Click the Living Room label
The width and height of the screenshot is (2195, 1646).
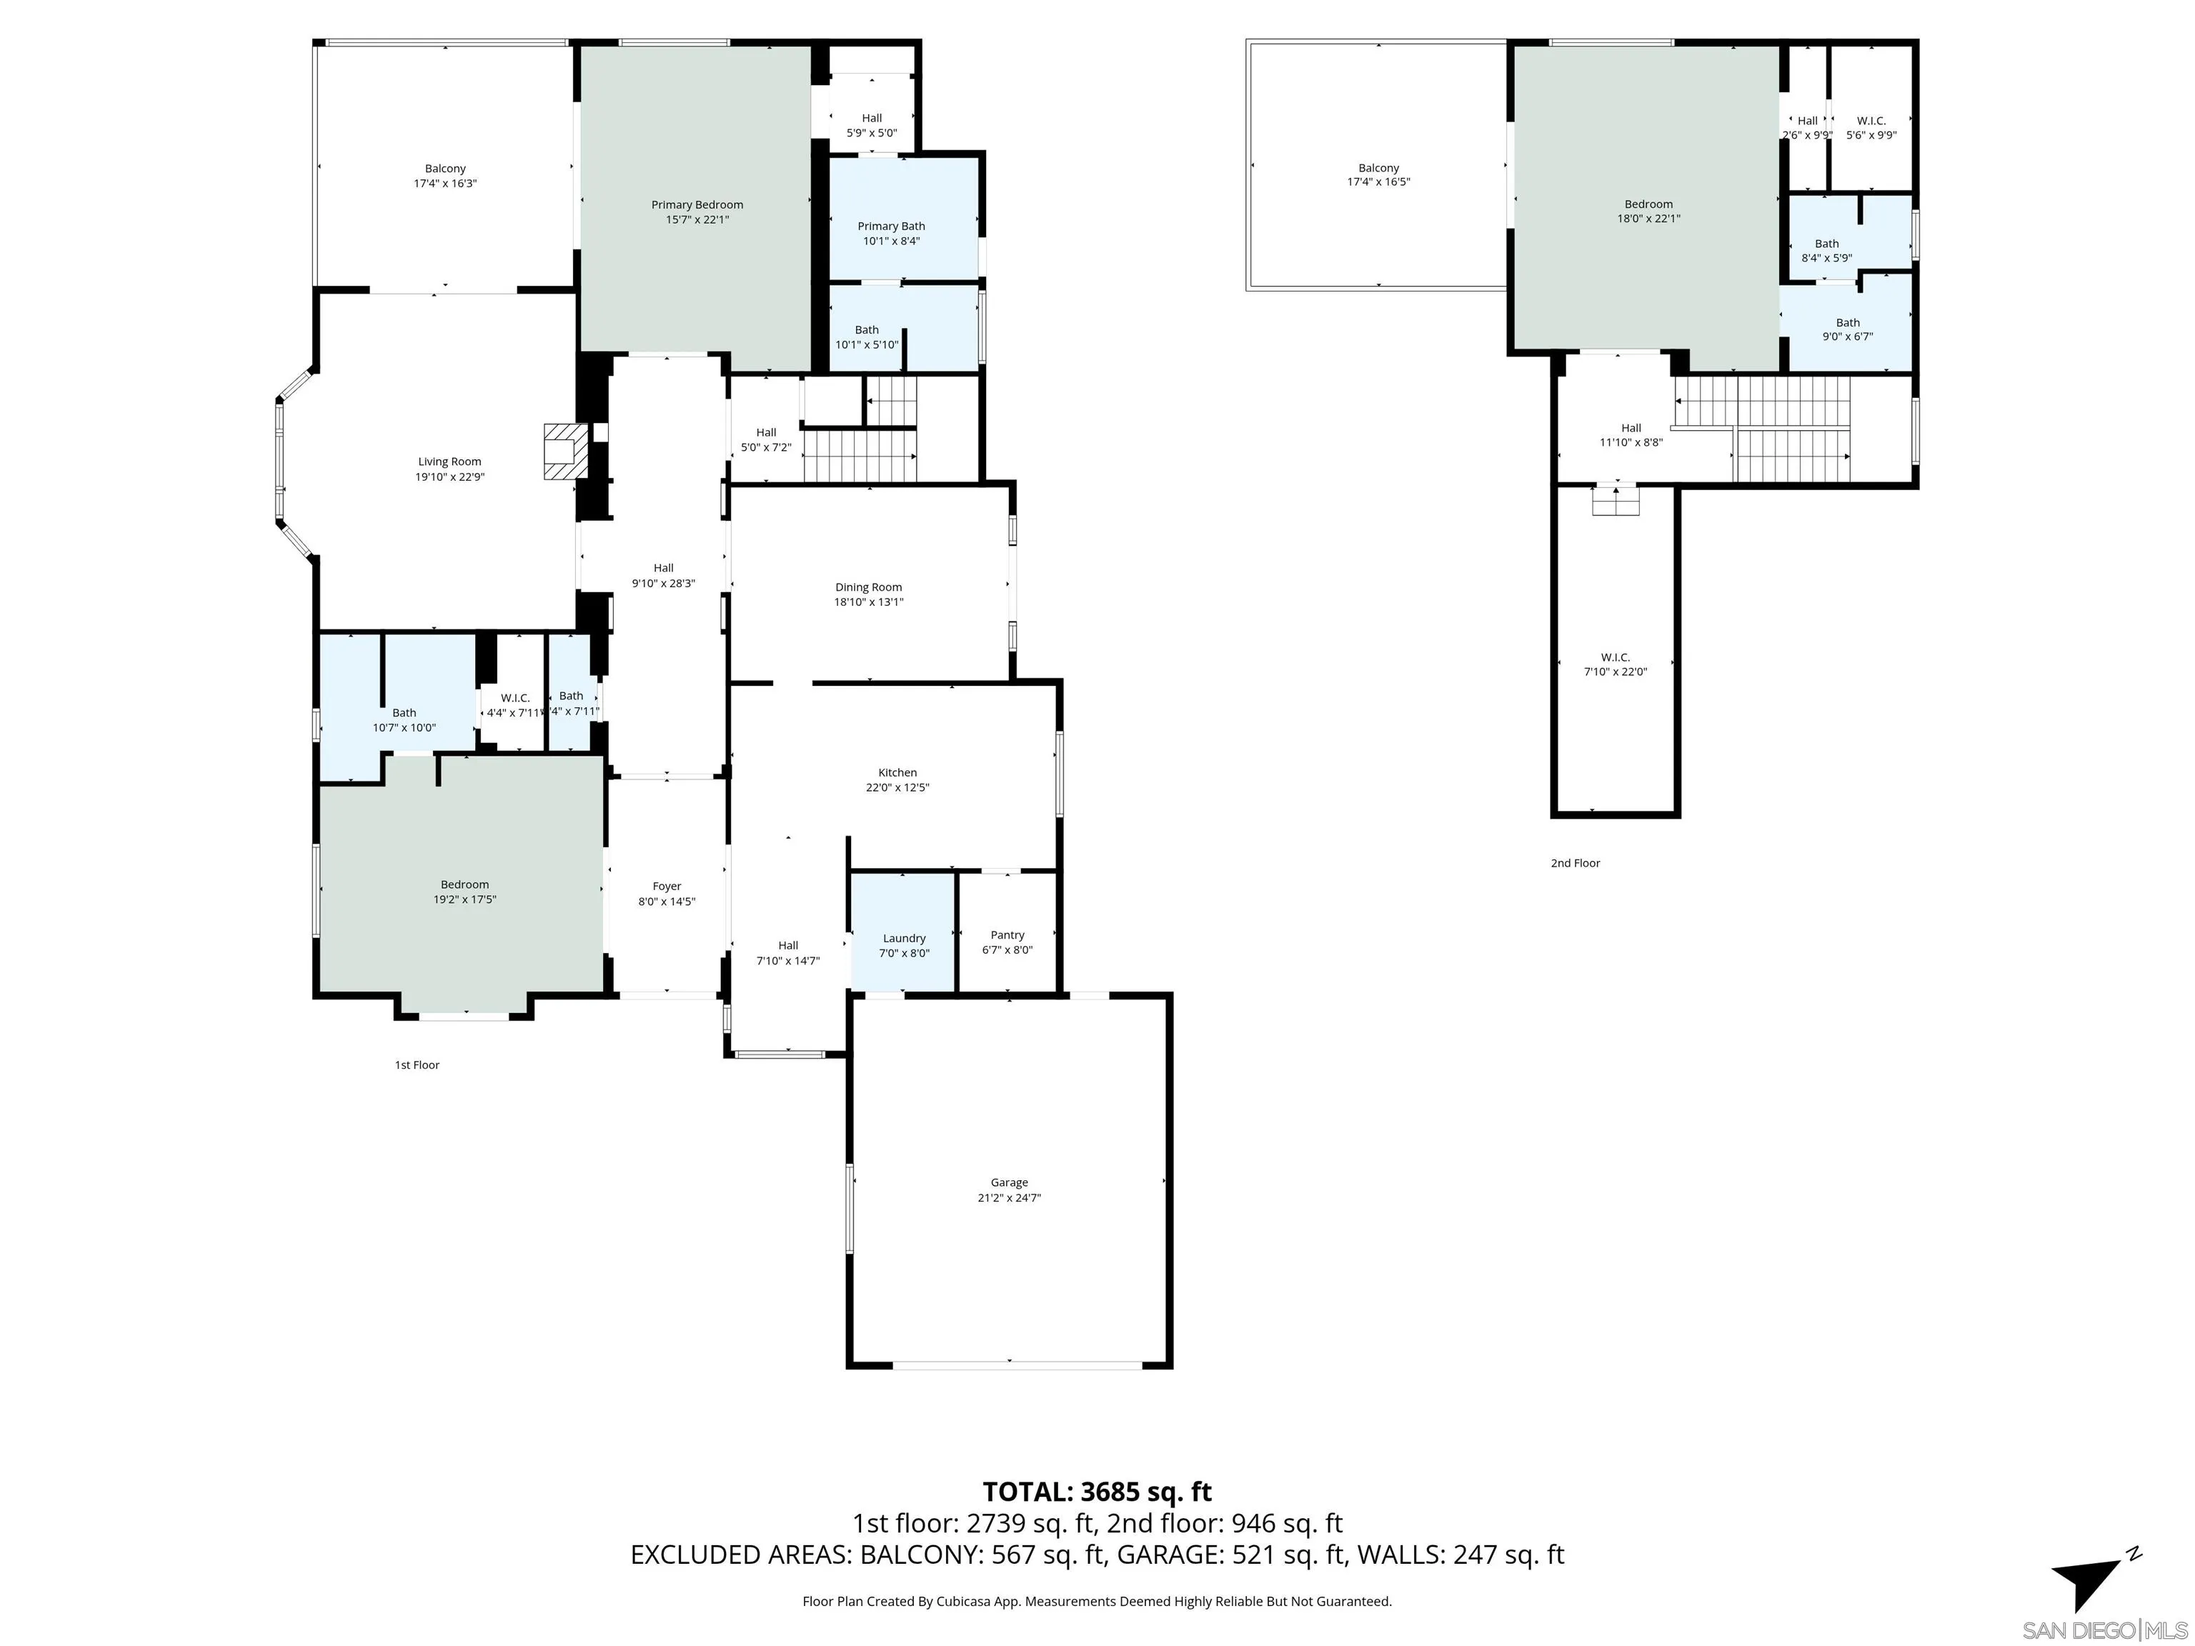point(449,462)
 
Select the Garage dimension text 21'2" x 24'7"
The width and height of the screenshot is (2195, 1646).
point(1008,1197)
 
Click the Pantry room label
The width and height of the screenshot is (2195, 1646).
point(1007,934)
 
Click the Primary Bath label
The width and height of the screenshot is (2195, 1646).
point(891,226)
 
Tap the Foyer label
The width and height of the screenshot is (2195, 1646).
point(667,886)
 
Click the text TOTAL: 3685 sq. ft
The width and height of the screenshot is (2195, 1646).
point(1097,1491)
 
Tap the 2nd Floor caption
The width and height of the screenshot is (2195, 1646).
point(1575,863)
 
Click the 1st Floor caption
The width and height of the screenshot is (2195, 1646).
point(417,1064)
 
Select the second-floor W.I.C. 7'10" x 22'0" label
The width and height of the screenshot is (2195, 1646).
point(1615,664)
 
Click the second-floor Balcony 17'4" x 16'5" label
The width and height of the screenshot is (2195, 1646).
point(1378,174)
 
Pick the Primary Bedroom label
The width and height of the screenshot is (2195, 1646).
point(697,204)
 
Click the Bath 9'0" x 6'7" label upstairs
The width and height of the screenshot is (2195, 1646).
point(1847,329)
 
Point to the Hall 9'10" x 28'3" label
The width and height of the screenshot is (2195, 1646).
point(663,575)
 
